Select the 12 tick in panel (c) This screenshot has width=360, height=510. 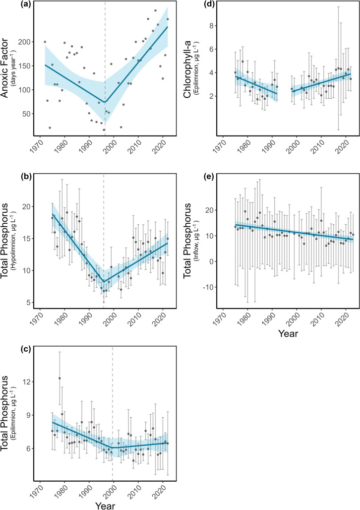(x=27, y=382)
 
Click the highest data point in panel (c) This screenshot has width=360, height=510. (x=60, y=378)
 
